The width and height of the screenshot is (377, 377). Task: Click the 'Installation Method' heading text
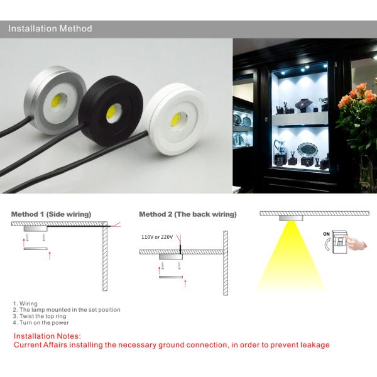click(x=50, y=29)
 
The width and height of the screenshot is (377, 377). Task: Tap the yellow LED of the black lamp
click(x=111, y=112)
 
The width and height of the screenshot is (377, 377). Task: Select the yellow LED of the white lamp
click(x=176, y=119)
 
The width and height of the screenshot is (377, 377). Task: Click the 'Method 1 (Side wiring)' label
click(x=52, y=214)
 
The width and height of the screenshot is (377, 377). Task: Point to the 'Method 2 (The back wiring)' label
click(x=188, y=214)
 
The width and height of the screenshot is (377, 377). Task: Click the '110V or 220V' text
click(x=157, y=237)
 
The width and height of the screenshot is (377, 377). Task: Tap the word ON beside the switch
click(x=326, y=234)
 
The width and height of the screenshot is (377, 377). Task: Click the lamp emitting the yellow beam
click(x=291, y=218)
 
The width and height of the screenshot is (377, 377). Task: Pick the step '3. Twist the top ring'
click(x=40, y=316)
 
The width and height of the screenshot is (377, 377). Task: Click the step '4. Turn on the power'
click(x=41, y=323)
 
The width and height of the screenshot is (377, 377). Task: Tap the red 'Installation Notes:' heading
click(x=47, y=336)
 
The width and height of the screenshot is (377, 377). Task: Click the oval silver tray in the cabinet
click(x=307, y=150)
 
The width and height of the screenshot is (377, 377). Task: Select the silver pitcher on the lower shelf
click(x=280, y=146)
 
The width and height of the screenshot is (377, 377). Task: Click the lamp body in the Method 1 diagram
click(x=36, y=229)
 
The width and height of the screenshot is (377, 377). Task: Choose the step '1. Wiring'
click(x=25, y=303)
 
